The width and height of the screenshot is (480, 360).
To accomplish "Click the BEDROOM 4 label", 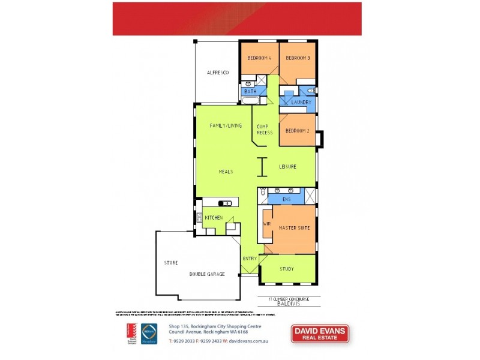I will (x=260, y=58).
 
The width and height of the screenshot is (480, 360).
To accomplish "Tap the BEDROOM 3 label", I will (x=298, y=58).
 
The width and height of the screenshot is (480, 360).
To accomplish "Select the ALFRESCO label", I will (x=218, y=73).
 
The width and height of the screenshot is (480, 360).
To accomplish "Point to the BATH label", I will (x=250, y=91).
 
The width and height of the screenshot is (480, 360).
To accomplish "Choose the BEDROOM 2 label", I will (x=298, y=131).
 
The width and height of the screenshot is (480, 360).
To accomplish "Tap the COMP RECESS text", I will (x=265, y=129).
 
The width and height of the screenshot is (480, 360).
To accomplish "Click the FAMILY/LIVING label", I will (x=226, y=125).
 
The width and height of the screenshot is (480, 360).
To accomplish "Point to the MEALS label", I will (x=226, y=172).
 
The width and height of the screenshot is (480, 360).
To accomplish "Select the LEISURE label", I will (x=287, y=166).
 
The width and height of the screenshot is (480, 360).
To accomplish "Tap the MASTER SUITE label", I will (x=294, y=227).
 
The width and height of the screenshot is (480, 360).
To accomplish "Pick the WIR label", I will (x=267, y=224).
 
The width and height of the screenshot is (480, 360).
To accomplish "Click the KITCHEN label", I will (x=214, y=217).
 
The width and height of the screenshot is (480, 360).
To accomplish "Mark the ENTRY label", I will (x=250, y=259).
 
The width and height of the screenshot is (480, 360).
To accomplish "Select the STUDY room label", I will (x=287, y=268).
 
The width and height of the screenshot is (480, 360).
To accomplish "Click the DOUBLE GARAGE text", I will (x=207, y=274).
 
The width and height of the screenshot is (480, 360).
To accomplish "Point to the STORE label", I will (x=171, y=263).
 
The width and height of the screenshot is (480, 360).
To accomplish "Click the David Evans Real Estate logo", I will (x=320, y=334).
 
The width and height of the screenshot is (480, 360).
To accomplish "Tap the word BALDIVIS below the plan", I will (x=288, y=304).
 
